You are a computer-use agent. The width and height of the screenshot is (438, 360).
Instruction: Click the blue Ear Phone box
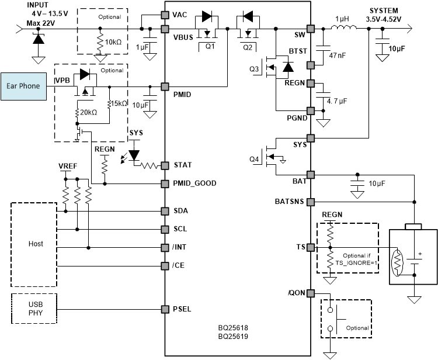23,85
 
